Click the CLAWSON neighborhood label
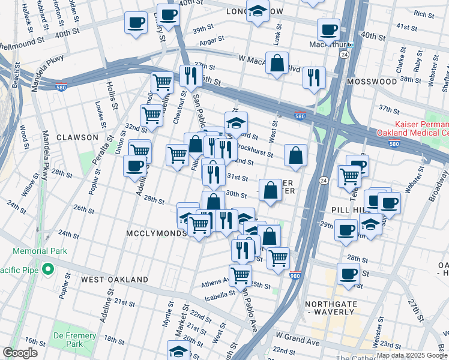coord(77,137)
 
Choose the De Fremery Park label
coord(74,340)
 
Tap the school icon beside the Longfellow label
coord(258,11)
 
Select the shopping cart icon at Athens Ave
coord(241,275)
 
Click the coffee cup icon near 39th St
coord(136,23)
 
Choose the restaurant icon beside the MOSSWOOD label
coord(314,77)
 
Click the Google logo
coord(20,353)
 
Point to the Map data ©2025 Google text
coord(406,355)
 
